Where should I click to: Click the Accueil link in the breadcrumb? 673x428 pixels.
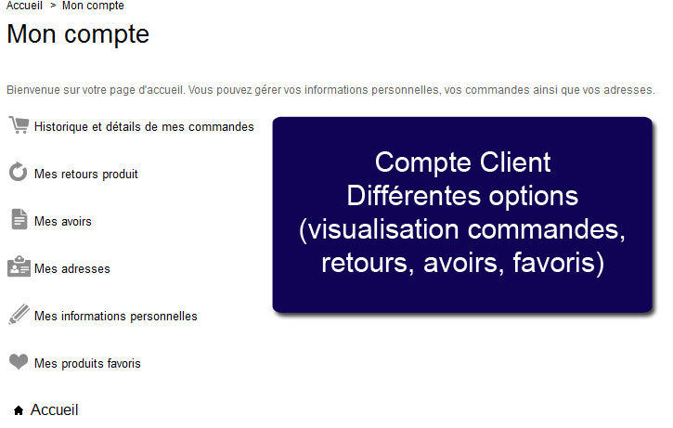[24, 6]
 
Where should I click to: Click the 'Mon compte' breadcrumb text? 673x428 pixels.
[93, 6]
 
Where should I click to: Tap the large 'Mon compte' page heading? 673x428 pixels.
[78, 34]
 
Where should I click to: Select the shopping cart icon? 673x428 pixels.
[19, 125]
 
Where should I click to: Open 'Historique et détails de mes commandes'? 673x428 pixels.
[144, 127]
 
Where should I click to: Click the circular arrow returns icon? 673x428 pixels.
[18, 172]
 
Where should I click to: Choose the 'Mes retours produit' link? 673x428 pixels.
[86, 175]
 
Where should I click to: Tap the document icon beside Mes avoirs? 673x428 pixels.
[19, 219]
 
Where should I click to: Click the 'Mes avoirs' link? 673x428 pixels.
[63, 222]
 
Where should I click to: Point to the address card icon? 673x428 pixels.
[19, 266]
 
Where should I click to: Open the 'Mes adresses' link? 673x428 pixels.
[72, 268]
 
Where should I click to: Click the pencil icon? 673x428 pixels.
[19, 314]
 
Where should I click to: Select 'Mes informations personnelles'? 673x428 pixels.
[116, 317]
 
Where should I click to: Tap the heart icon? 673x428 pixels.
[19, 361]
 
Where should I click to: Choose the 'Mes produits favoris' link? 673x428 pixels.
[87, 364]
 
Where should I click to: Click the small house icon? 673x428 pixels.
[19, 410]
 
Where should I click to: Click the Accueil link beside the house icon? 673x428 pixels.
[55, 410]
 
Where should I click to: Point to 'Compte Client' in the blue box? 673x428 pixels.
[462, 162]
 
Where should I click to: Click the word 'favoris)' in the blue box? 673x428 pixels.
[559, 263]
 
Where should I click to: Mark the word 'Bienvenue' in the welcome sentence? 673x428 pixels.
[33, 90]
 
